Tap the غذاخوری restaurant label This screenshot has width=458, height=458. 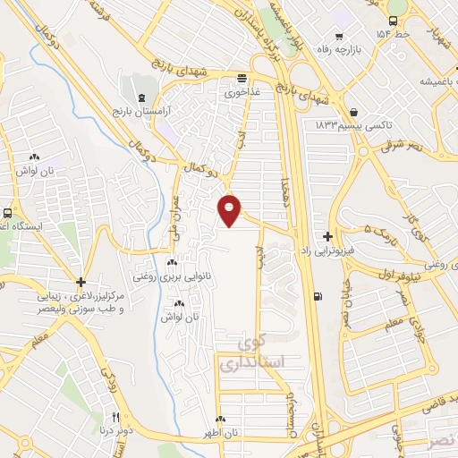(241, 92)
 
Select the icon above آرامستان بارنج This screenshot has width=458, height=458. (139, 96)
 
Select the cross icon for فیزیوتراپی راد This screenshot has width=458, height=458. (328, 237)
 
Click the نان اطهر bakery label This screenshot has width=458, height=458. (220, 433)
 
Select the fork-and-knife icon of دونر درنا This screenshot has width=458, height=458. (115, 417)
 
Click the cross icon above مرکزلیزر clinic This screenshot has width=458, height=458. (81, 281)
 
